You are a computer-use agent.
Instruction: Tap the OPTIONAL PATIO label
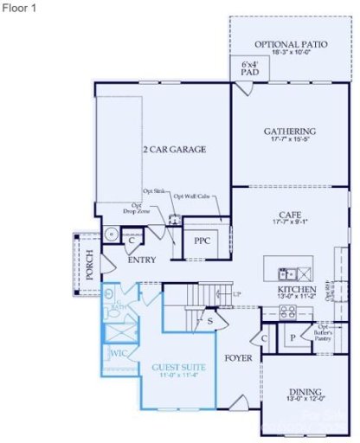289,44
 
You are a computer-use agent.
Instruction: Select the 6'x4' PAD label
249,68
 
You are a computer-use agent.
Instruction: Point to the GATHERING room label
290,132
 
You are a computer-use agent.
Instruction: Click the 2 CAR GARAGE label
174,150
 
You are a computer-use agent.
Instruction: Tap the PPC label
202,241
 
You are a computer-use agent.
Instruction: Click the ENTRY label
140,259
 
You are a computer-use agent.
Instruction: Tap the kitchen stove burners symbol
289,311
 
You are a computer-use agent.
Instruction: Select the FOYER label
238,356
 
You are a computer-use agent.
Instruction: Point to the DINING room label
305,391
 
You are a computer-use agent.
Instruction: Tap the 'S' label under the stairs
209,321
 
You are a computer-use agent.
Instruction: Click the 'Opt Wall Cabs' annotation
192,196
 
